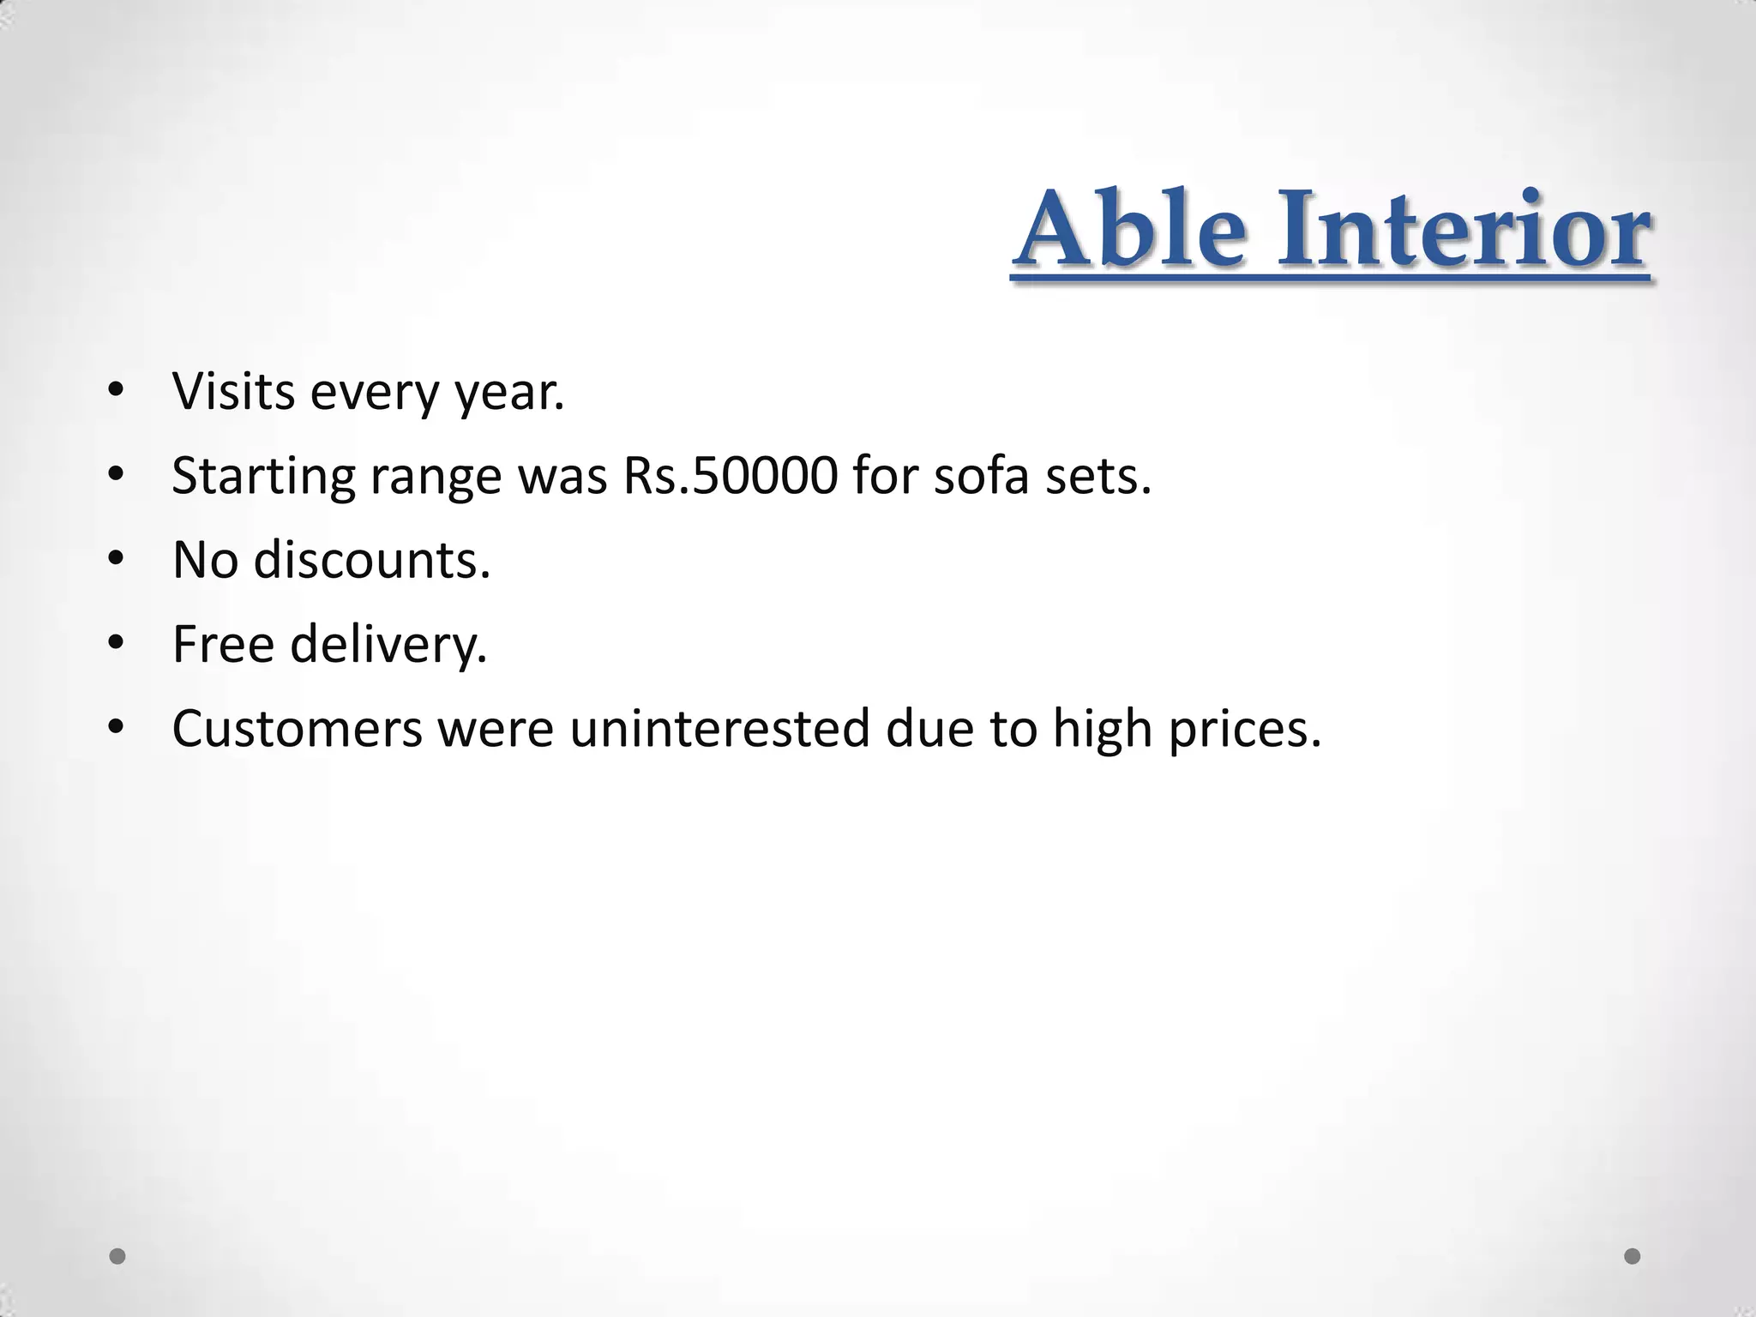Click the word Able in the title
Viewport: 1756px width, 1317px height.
[1130, 229]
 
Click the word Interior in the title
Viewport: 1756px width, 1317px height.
[1463, 229]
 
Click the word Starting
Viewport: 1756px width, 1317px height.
[263, 477]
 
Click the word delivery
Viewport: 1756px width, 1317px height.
[388, 645]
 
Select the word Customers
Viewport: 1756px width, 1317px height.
[298, 729]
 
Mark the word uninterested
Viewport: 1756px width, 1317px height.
[719, 729]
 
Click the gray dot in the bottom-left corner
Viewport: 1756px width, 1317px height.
[117, 1256]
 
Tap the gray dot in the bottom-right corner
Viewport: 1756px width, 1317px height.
[1633, 1256]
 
